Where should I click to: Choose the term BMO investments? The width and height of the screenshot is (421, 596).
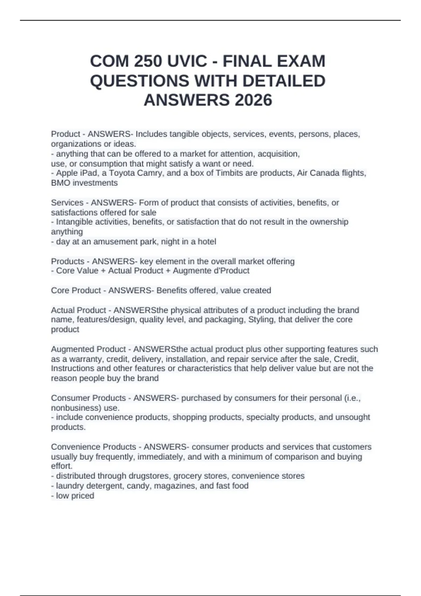[84, 183]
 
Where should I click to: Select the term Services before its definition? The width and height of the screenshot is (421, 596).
[67, 203]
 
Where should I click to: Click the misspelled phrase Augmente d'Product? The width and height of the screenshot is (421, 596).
[211, 271]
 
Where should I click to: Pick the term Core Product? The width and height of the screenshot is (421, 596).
[76, 291]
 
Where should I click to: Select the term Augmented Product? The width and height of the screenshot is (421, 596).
[88, 349]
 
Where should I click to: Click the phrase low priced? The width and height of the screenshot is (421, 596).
[75, 496]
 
